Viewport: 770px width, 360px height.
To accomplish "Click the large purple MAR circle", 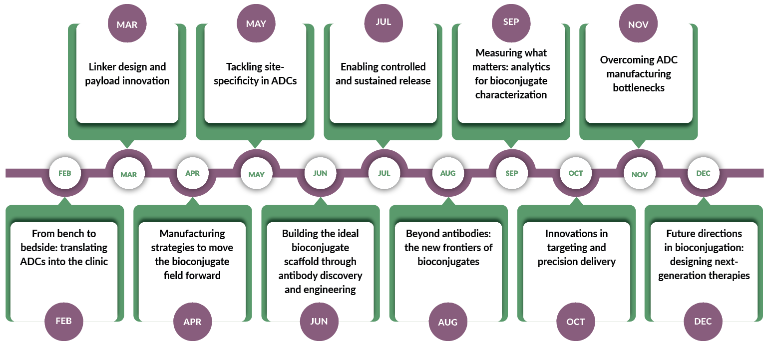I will [x=127, y=24].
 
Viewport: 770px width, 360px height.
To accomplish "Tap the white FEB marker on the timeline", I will [x=64, y=173].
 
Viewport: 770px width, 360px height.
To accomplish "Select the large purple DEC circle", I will [x=703, y=322].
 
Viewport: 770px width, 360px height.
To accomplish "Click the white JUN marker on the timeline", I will [x=320, y=173].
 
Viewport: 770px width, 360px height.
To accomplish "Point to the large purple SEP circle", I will [x=511, y=22].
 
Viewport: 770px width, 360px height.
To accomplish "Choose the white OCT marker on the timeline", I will [x=575, y=173].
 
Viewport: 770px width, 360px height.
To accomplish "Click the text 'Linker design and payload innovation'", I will [x=127, y=74].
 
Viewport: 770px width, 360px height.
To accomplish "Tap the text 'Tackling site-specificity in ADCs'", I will [x=255, y=74].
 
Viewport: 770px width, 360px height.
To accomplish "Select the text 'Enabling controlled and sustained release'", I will [x=383, y=74].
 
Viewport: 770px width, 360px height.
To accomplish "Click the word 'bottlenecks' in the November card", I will [x=639, y=88].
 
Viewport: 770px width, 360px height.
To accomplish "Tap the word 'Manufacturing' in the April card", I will [x=192, y=234].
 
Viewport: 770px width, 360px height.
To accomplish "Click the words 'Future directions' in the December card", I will [x=704, y=234].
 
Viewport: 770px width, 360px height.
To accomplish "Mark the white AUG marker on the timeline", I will [x=448, y=173].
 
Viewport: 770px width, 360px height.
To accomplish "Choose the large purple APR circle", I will [x=192, y=322].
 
